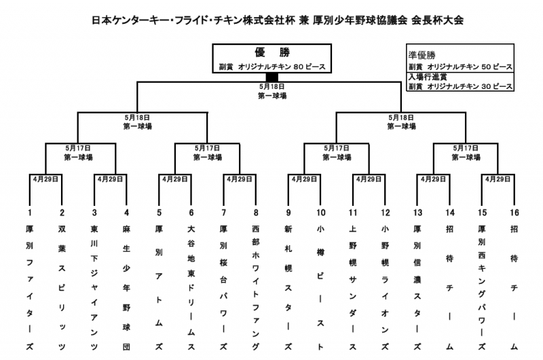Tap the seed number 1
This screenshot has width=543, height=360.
(30, 212)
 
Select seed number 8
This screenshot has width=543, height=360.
(256, 212)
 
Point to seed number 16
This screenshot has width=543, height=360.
(514, 212)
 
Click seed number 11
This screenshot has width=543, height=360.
(353, 212)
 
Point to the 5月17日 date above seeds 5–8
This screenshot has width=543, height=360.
(208, 147)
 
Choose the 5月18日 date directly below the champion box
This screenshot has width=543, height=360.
(272, 86)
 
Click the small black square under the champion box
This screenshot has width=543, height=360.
(272, 77)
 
